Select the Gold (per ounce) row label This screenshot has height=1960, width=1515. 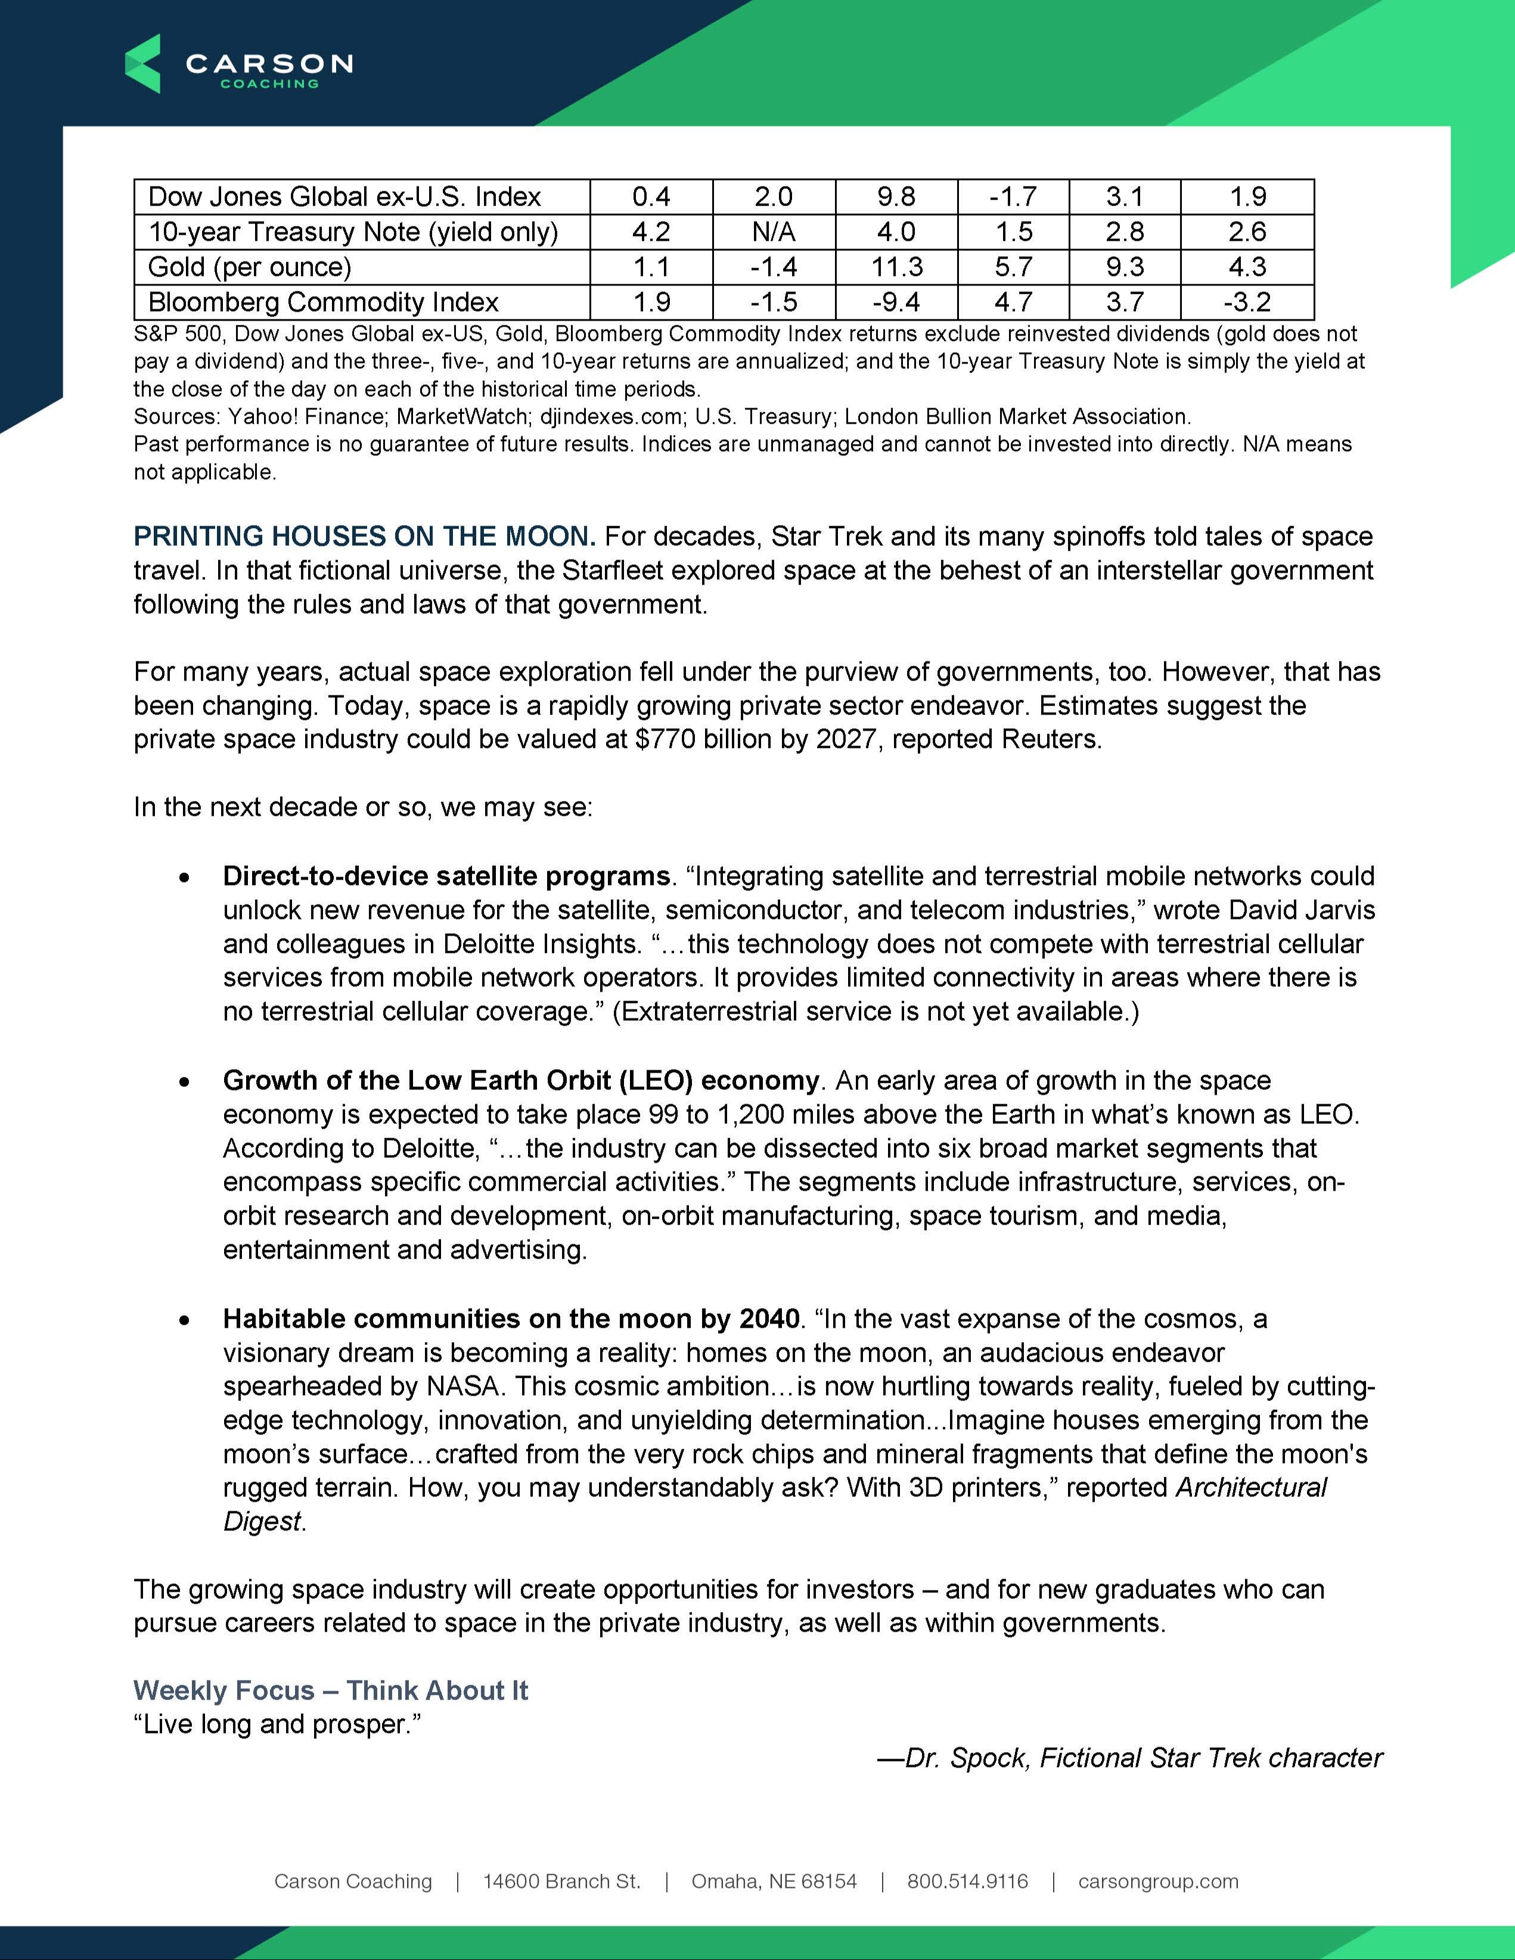click(x=250, y=266)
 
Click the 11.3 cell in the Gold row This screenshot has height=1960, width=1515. click(x=896, y=266)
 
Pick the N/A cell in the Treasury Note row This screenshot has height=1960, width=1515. click(x=774, y=232)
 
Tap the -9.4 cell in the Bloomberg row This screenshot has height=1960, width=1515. click(x=896, y=302)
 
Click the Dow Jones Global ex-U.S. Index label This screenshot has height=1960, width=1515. click(x=344, y=197)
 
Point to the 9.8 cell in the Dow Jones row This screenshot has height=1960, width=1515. click(x=896, y=197)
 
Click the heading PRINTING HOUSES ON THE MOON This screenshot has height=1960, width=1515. click(x=364, y=537)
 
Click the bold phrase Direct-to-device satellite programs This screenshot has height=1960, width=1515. click(x=446, y=876)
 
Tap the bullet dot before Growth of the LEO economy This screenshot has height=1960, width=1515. click(x=185, y=1082)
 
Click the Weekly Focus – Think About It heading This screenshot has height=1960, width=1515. click(x=330, y=1691)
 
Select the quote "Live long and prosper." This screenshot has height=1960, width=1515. click(x=277, y=1725)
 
